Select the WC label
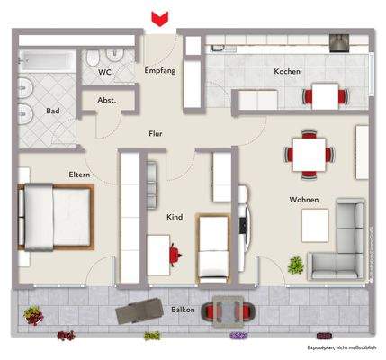tap(104, 71)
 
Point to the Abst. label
tap(106, 101)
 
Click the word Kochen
tap(287, 71)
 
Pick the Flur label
tap(157, 135)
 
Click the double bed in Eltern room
tap(54, 216)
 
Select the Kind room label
tap(175, 217)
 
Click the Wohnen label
tap(302, 199)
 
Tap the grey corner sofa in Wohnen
tap(341, 237)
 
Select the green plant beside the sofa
tap(294, 264)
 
